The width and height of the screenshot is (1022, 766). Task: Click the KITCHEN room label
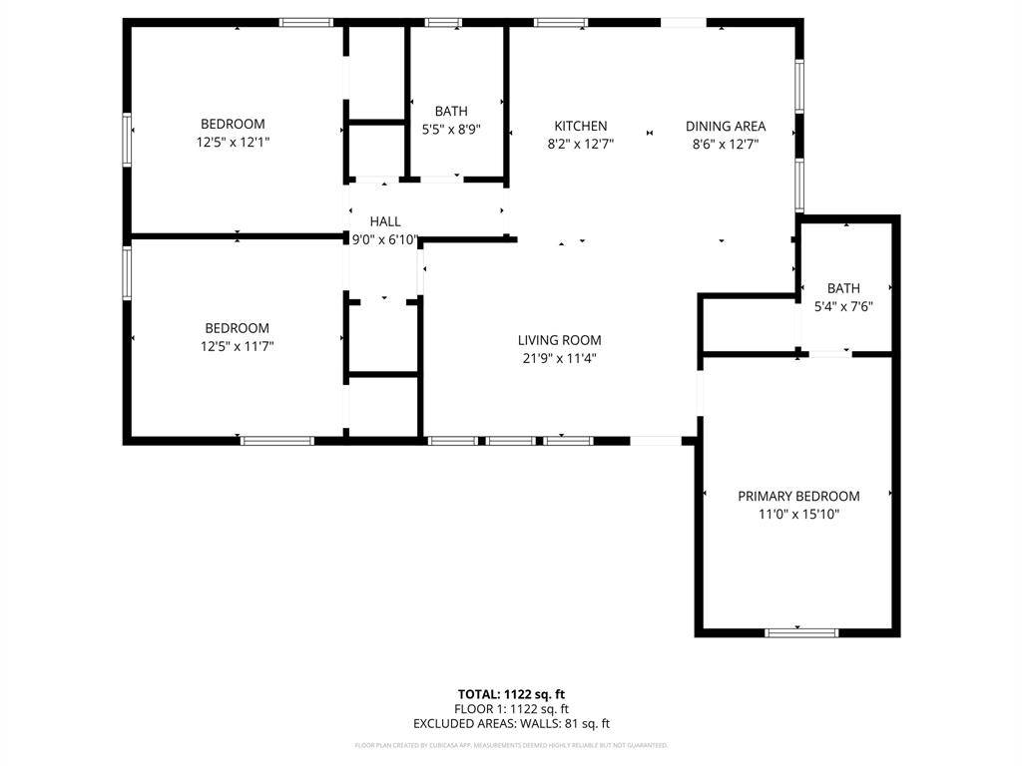pos(581,126)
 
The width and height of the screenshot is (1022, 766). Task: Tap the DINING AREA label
pos(726,126)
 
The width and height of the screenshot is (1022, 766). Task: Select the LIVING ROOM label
pos(559,340)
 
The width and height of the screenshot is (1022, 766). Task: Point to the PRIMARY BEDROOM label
pos(798,496)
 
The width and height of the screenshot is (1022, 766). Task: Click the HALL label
pos(385,221)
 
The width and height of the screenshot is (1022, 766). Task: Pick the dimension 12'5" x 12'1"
pos(233,143)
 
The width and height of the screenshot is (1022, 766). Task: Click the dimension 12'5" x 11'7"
pos(237,346)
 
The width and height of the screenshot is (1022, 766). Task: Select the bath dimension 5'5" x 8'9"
pos(451,129)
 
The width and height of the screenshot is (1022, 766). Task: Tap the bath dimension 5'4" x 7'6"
pos(843,306)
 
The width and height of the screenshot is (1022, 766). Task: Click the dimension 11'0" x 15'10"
pos(798,515)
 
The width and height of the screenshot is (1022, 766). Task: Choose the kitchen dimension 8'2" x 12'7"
pos(581,144)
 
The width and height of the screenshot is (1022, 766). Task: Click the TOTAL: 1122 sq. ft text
pos(511,694)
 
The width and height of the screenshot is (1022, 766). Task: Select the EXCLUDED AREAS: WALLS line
pos(511,724)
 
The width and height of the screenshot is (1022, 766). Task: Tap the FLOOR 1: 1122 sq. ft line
pos(511,709)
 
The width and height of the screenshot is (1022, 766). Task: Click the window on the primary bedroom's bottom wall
pos(801,631)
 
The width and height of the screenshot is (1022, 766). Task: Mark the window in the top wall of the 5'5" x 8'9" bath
pos(443,22)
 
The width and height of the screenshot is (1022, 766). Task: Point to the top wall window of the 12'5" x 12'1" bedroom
pos(305,22)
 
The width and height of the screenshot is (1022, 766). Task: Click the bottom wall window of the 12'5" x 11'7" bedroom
pos(277,440)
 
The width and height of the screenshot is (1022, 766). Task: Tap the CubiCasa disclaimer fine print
pos(511,745)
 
